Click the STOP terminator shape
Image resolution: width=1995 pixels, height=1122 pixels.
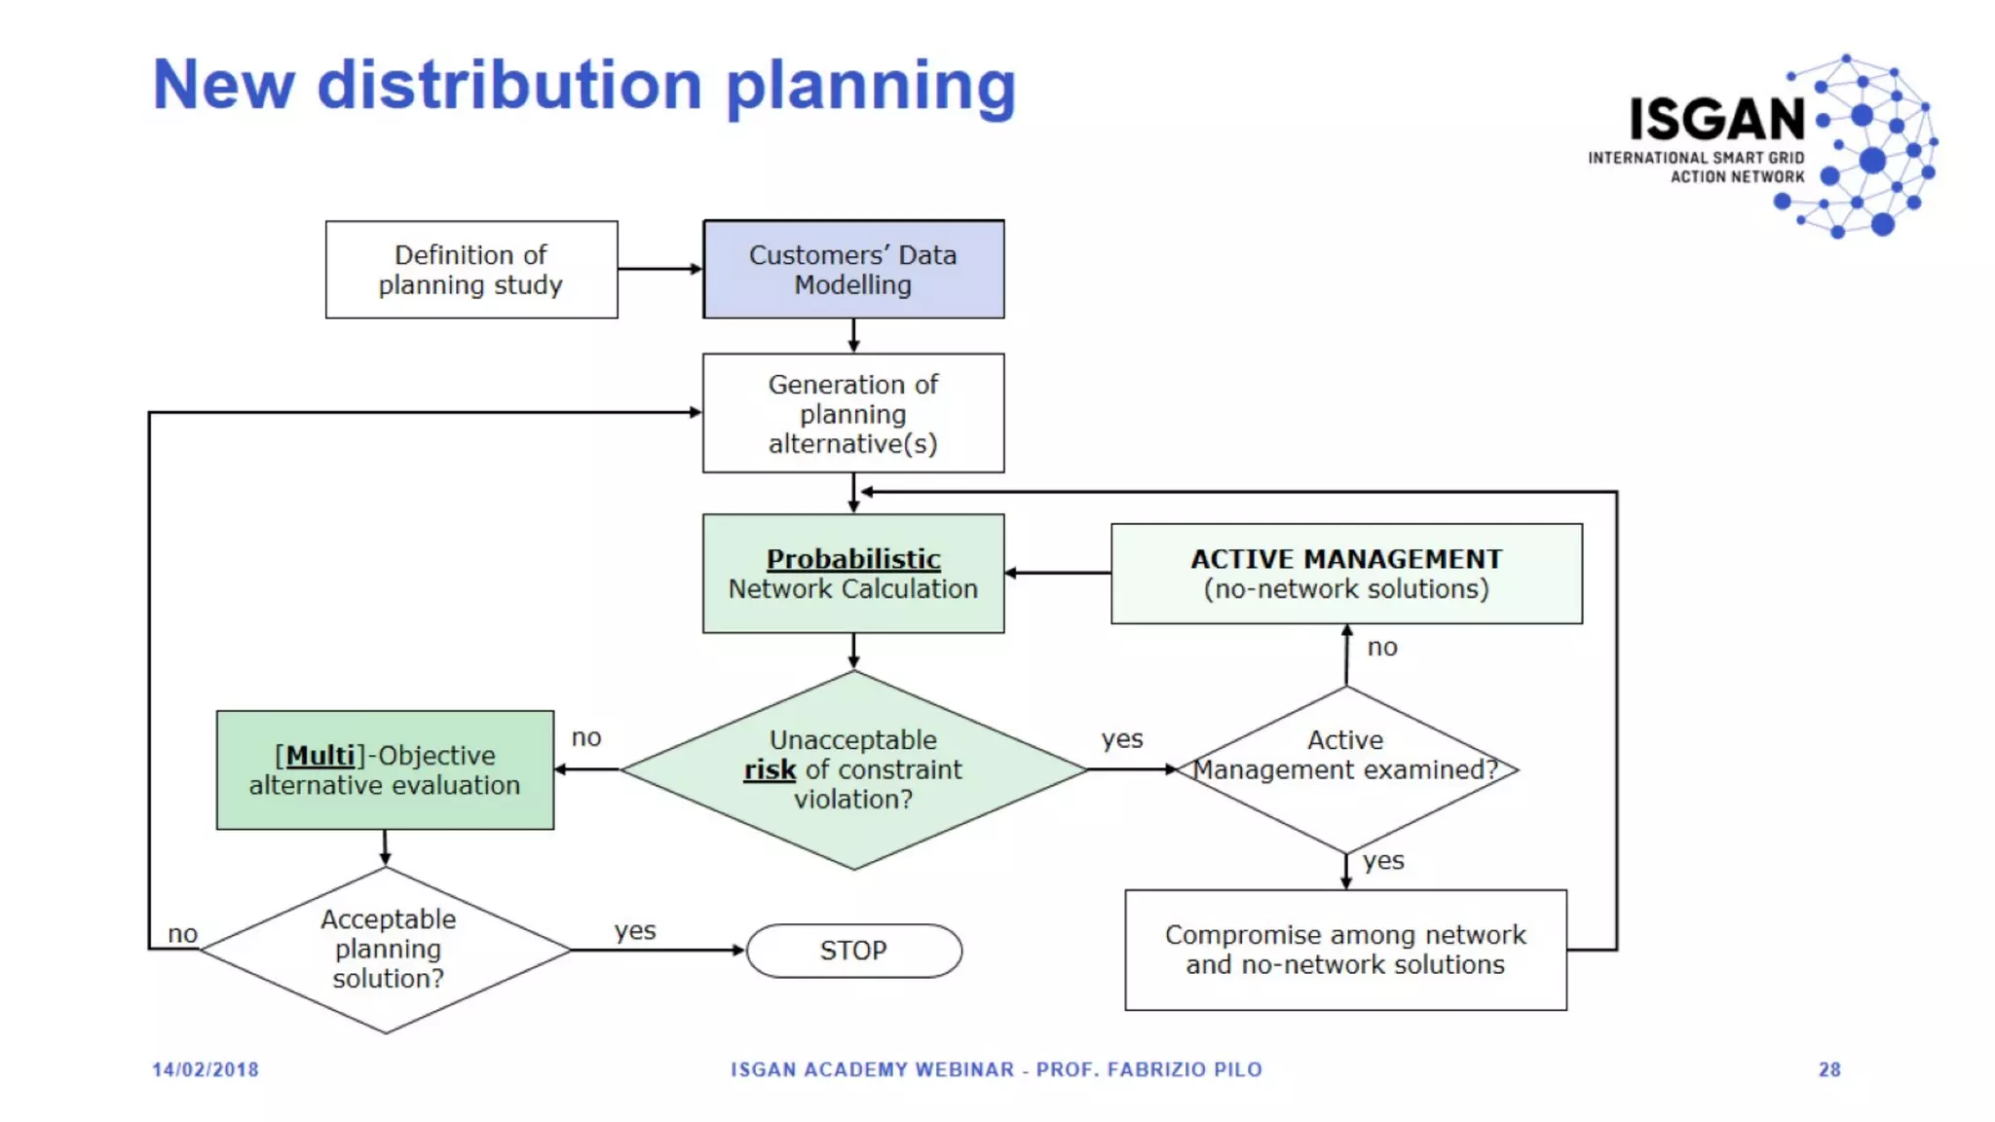853,951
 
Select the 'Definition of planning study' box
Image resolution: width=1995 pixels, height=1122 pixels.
471,270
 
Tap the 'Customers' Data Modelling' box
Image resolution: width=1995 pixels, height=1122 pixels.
853,270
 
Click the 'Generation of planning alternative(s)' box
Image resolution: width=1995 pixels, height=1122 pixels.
853,414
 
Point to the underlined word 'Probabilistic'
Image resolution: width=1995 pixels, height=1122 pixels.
853,559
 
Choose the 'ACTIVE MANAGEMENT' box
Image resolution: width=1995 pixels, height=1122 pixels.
1346,574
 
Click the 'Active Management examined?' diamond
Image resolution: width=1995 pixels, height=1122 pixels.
1346,769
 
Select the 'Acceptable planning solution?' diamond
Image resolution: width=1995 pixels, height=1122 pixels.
387,950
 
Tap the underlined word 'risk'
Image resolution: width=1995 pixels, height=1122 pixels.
770,770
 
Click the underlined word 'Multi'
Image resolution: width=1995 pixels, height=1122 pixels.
320,756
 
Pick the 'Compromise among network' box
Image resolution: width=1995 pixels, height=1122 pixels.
1345,950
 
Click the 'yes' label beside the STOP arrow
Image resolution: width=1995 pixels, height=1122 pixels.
635,931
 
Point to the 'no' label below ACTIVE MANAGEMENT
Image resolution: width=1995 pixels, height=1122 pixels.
1382,648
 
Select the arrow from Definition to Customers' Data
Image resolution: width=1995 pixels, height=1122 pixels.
659,269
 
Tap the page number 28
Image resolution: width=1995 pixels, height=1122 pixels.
1829,1069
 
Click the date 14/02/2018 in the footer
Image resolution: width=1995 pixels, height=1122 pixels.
206,1069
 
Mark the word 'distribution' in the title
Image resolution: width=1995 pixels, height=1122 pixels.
509,86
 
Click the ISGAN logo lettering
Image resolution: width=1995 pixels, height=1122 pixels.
1717,120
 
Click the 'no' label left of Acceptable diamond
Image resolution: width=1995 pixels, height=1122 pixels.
182,934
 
